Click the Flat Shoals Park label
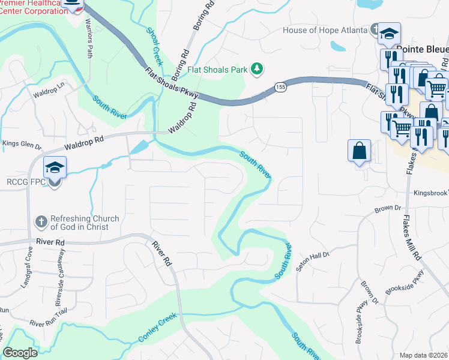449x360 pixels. click(x=217, y=70)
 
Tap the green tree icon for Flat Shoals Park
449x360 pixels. click(x=257, y=69)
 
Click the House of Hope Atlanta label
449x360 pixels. click(x=325, y=30)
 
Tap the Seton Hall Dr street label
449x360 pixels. click(x=315, y=255)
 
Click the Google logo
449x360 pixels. click(x=20, y=353)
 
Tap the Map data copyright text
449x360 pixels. click(x=423, y=355)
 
